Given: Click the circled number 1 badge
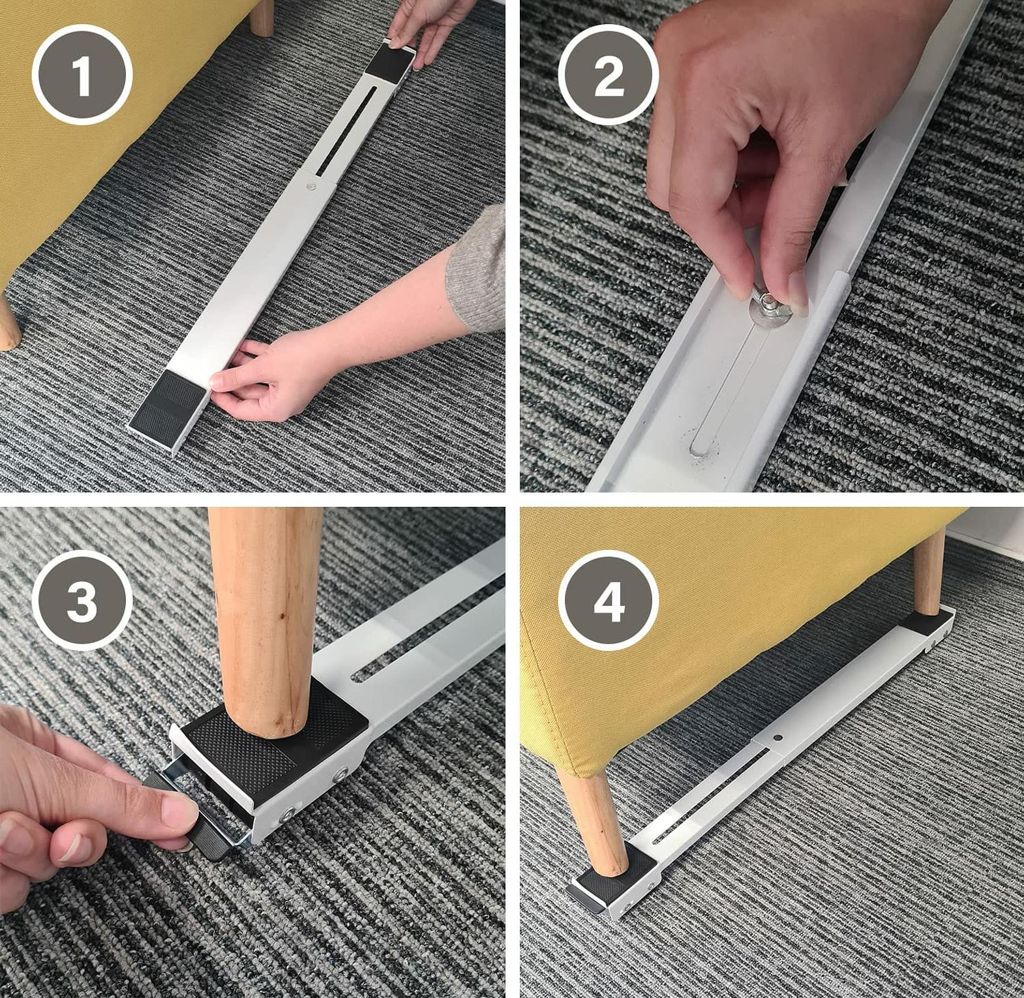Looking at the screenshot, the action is (82, 74).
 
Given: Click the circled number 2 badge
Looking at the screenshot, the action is (608, 74).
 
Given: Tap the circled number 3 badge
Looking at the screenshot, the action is (82, 600).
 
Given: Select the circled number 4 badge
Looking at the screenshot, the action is (608, 600).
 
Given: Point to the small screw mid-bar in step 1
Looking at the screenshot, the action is (310, 187).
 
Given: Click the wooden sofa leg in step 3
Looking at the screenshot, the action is (265, 620).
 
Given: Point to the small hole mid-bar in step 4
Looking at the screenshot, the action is (778, 738).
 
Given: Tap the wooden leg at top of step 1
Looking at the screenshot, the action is (262, 16).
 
